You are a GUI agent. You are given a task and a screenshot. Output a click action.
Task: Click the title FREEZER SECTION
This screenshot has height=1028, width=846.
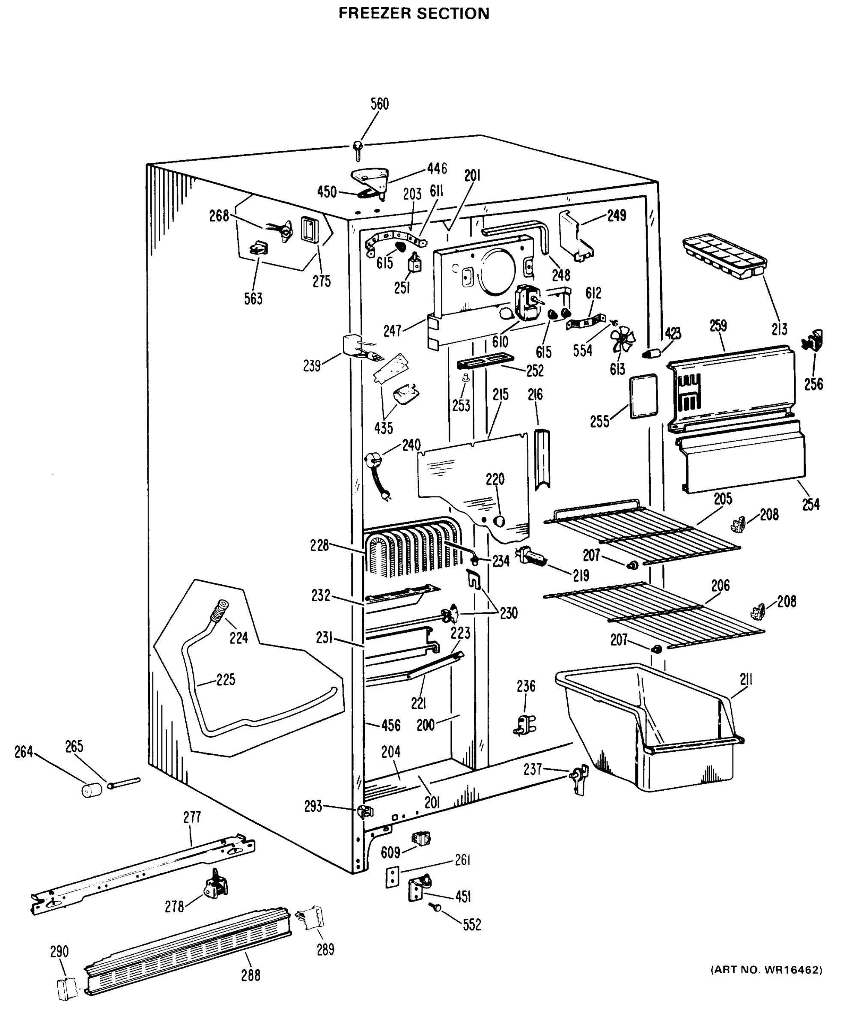click(x=414, y=13)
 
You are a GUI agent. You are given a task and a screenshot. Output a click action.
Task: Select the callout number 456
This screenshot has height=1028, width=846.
click(x=390, y=725)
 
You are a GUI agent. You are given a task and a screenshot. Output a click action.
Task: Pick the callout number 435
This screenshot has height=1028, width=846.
click(x=384, y=428)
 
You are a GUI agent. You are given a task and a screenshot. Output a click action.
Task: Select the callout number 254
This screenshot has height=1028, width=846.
click(x=810, y=504)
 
